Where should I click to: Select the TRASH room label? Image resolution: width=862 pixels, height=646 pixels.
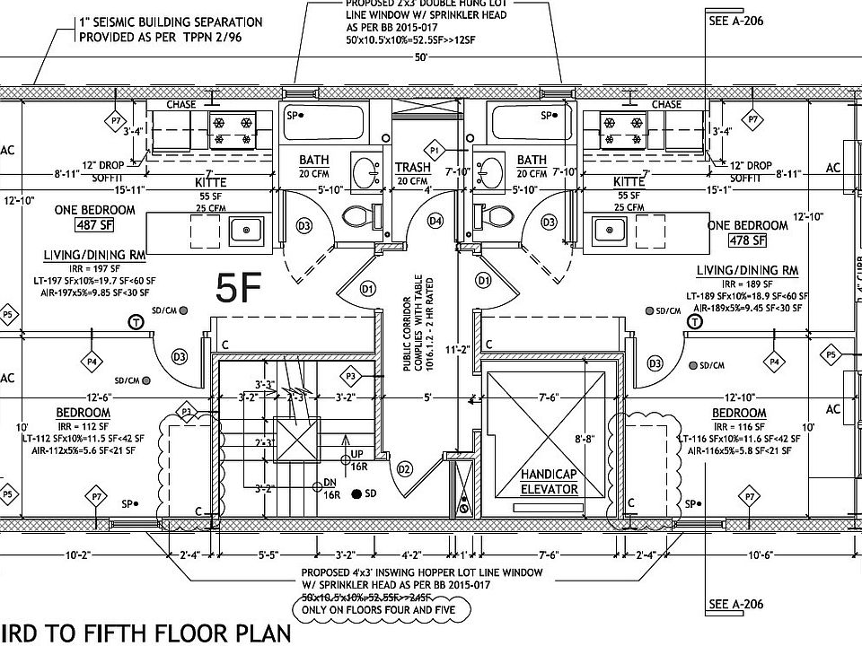413,168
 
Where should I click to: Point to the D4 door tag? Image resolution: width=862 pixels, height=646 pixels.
435,220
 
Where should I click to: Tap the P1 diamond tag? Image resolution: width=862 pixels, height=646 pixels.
436,148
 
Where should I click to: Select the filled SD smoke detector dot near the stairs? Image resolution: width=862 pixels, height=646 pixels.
357,493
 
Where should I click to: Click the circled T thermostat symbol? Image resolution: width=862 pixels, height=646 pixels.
136,322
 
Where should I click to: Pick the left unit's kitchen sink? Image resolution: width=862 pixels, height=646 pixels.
243,231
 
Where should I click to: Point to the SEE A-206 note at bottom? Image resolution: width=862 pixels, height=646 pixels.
735,604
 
